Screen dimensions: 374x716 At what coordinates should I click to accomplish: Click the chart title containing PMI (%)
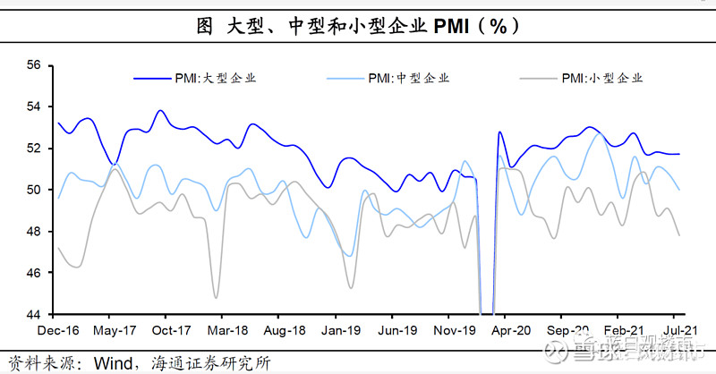(357, 26)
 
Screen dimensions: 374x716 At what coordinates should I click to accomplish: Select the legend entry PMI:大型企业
(215, 78)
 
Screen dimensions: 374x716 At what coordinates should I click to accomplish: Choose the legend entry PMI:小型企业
(600, 78)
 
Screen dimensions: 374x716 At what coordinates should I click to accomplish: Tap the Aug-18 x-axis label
(279, 329)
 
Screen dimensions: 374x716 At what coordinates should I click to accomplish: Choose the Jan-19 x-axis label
(336, 329)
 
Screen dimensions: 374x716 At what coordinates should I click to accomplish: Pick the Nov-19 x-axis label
(449, 329)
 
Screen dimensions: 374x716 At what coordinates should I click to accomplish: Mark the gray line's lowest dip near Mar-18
(217, 297)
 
